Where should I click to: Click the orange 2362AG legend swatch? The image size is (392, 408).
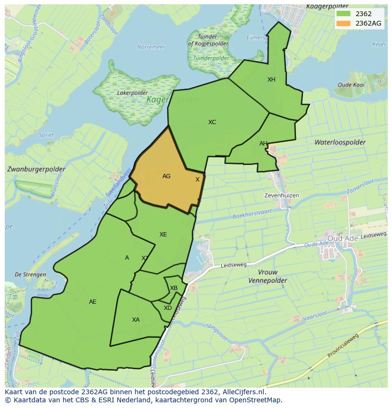(344, 23)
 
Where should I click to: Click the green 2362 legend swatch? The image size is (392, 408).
(344, 14)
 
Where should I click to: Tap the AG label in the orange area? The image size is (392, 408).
(166, 176)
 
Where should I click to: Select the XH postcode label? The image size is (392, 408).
(271, 80)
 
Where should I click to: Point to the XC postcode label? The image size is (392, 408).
(212, 122)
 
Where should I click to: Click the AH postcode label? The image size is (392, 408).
(263, 144)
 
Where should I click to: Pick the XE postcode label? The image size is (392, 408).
(163, 235)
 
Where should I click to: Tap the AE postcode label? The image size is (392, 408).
(93, 302)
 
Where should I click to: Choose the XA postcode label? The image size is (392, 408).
(136, 320)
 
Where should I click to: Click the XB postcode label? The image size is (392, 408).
(174, 288)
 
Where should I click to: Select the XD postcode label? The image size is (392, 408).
(168, 308)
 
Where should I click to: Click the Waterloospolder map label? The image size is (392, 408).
(339, 142)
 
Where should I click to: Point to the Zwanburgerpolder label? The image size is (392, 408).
(36, 169)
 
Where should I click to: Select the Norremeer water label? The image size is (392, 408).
(151, 47)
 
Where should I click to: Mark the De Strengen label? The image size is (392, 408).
(30, 274)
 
